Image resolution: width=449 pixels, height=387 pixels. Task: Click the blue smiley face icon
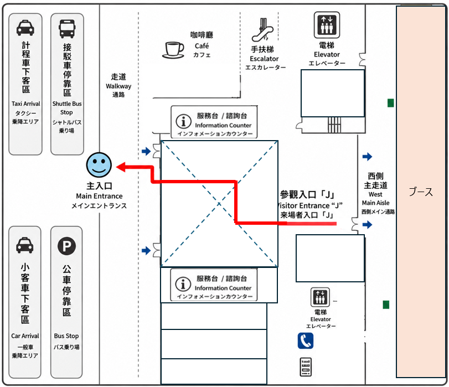[99, 165]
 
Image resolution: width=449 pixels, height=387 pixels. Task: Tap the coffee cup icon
[173, 50]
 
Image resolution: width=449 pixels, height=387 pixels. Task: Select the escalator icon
[262, 30]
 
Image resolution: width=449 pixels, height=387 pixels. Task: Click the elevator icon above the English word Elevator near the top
[327, 25]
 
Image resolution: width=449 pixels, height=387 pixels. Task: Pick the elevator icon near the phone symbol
[320, 297]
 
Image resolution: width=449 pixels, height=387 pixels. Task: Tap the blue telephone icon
[305, 340]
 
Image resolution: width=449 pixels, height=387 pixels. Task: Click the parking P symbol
[66, 246]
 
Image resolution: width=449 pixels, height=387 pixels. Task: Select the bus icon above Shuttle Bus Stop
[67, 29]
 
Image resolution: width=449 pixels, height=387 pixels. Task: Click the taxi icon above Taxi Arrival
[25, 28]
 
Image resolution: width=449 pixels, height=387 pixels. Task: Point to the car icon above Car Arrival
[24, 245]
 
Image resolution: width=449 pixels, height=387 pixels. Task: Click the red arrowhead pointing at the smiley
[121, 167]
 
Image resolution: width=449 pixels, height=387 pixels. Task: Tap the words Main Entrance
[99, 196]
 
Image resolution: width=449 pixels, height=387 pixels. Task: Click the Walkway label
[118, 86]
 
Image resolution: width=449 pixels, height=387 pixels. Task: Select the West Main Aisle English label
[375, 199]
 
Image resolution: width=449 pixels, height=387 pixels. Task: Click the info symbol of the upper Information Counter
[183, 121]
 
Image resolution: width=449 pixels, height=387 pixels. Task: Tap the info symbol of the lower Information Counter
[183, 284]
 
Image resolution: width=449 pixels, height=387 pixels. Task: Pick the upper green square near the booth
[390, 103]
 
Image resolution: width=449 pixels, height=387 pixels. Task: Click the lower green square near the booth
[386, 305]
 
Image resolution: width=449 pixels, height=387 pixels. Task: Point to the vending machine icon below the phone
[306, 367]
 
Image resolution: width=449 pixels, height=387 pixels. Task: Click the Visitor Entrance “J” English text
[309, 205]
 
